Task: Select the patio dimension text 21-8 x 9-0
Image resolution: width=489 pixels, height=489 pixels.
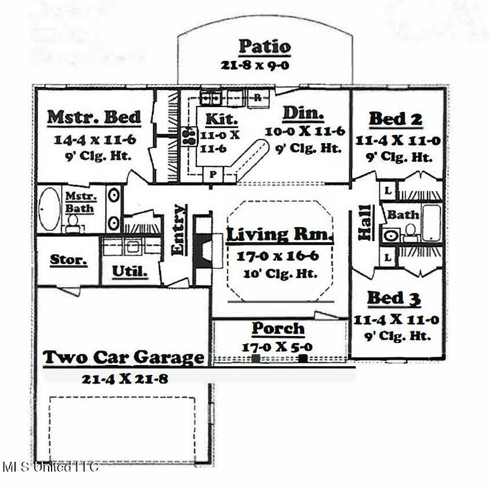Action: (x=255, y=65)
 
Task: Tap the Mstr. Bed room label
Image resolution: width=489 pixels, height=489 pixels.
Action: (x=94, y=117)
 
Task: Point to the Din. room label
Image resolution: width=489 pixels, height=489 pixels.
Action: (x=303, y=112)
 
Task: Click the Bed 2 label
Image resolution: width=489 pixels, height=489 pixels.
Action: (x=396, y=119)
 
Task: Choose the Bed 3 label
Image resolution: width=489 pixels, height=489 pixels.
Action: (x=394, y=299)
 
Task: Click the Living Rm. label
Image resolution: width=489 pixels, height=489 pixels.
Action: (x=280, y=235)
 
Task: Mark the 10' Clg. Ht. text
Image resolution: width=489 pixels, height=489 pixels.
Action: (x=280, y=274)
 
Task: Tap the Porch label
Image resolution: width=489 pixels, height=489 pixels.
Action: (x=278, y=329)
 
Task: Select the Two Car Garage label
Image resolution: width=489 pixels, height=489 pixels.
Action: (x=124, y=357)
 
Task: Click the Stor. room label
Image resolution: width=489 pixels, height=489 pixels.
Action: (x=68, y=260)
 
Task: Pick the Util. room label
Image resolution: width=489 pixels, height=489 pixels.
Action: (x=129, y=271)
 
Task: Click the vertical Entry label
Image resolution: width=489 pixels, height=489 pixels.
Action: (x=180, y=229)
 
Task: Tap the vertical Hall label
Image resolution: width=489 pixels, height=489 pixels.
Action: (x=365, y=222)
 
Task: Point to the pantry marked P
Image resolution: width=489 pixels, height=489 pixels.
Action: (x=213, y=174)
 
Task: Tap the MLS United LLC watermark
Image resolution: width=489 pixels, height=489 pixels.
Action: (x=50, y=467)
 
